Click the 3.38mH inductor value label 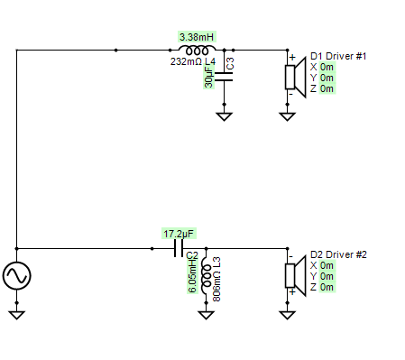[197, 37]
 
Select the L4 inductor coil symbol [197, 51]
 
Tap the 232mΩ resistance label [186, 61]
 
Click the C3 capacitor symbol [224, 77]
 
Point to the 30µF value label [208, 77]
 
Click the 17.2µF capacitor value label [179, 234]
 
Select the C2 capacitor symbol [179, 249]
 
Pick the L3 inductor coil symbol [206, 275]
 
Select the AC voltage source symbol [17, 276]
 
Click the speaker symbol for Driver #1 [296, 77]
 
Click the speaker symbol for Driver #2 [296, 275]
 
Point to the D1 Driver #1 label [338, 56]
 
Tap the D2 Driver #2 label [338, 254]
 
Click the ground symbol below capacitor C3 [224, 116]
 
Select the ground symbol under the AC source [17, 315]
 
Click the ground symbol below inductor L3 [206, 315]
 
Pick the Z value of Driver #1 [327, 88]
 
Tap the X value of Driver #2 [327, 265]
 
